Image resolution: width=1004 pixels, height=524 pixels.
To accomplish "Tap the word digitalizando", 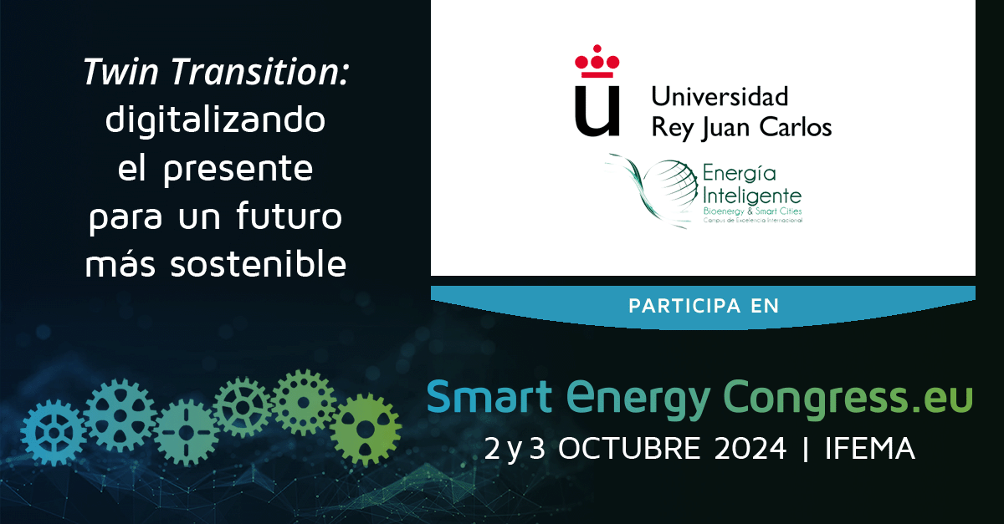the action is pyautogui.click(x=215, y=120).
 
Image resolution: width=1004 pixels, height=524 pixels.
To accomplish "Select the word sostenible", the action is pyautogui.click(x=259, y=263).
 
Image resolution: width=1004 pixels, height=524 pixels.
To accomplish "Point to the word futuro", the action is pyautogui.click(x=289, y=216).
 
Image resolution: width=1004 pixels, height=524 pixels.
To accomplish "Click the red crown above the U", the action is pyautogui.click(x=597, y=61).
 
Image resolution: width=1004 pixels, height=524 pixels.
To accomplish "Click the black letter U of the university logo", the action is pyautogui.click(x=597, y=110).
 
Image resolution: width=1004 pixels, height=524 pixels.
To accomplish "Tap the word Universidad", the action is pyautogui.click(x=720, y=96).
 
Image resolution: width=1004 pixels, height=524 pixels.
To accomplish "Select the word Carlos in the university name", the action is pyautogui.click(x=795, y=127).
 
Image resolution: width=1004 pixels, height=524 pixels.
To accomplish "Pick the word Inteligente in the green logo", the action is pyautogui.click(x=752, y=196).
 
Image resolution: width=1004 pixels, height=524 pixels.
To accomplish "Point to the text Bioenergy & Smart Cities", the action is pyautogui.click(x=752, y=211).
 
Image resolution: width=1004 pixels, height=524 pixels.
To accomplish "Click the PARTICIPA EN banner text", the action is pyautogui.click(x=704, y=306).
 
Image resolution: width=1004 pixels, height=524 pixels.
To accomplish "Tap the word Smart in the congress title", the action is pyautogui.click(x=489, y=396).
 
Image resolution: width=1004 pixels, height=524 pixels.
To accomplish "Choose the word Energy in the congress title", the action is pyautogui.click(x=638, y=399).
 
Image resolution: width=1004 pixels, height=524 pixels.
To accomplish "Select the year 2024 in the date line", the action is pyautogui.click(x=750, y=448).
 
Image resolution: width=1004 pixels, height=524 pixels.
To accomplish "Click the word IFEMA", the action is pyautogui.click(x=869, y=448).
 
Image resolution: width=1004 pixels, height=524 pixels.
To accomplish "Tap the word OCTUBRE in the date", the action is pyautogui.click(x=629, y=448).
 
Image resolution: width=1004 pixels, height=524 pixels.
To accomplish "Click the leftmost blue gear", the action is pyautogui.click(x=54, y=433).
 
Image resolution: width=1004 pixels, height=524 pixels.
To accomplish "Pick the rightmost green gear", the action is pyautogui.click(x=366, y=430).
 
